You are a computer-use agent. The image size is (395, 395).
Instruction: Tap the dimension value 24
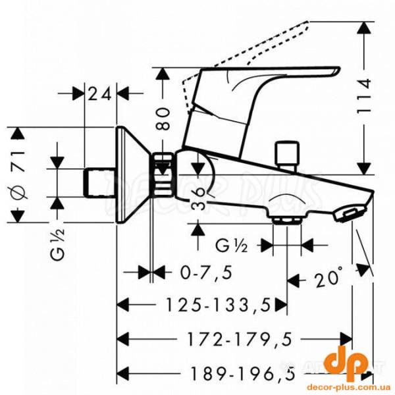coord(101,93)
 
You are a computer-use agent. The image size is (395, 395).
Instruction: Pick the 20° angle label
coord(327,278)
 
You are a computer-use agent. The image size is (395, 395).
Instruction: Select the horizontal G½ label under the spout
coord(231,246)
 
